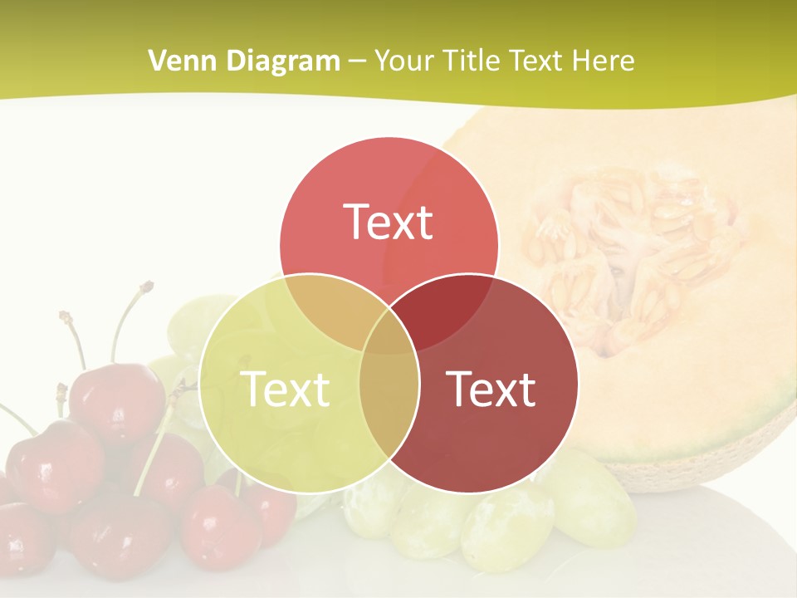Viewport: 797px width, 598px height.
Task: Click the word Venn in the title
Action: (x=175, y=61)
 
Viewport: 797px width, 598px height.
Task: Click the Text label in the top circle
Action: (x=389, y=222)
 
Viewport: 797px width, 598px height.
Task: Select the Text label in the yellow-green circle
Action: (x=284, y=388)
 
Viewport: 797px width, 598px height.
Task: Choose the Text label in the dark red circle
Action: (x=491, y=388)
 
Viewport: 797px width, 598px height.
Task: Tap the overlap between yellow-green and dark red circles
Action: (x=389, y=407)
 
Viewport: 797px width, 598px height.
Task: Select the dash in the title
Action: (x=357, y=61)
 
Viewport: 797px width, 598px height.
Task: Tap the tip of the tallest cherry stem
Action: (x=147, y=287)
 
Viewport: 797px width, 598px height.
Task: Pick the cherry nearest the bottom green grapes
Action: (x=266, y=507)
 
